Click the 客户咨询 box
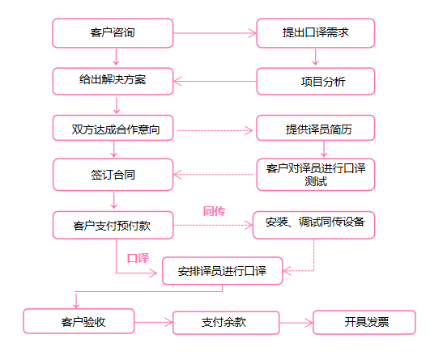113,33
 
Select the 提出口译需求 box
316,33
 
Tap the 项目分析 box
316,82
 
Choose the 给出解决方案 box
113,82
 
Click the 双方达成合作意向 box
113,128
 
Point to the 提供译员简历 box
316,128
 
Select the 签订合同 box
113,175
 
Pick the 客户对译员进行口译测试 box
316,175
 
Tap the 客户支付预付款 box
113,225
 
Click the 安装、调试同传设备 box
313,225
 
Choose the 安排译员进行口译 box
223,271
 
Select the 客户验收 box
79,321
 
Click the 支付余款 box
226,323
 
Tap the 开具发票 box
364,322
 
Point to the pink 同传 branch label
214,211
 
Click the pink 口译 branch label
138,258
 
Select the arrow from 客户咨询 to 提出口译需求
215,33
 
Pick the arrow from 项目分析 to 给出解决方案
215,82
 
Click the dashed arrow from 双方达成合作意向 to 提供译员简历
215,130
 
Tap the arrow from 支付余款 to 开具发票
296,323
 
